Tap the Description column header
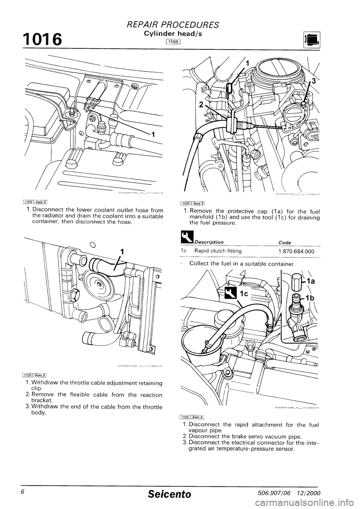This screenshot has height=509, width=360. (210, 242)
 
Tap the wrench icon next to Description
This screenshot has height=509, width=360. (184, 236)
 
